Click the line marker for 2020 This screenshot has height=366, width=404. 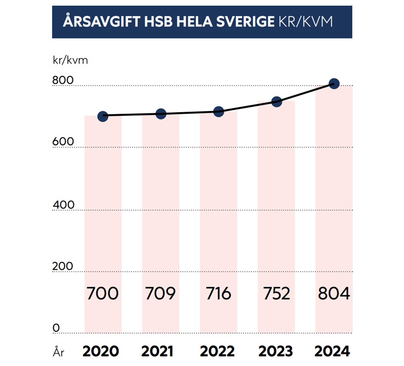click(103, 116)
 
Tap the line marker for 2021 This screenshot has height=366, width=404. click(161, 114)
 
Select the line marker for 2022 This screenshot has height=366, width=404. click(219, 112)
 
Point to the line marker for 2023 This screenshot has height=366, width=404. click(277, 101)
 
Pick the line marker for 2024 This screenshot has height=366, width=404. click(334, 84)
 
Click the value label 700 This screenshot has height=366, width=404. click(103, 294)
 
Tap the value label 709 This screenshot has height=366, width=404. click(160, 294)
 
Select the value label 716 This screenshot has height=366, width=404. click(219, 294)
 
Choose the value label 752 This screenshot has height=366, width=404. click(277, 294)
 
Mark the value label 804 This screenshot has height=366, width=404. click(334, 294)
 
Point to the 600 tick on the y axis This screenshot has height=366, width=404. click(63, 142)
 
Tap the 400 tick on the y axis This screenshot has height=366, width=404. click(63, 205)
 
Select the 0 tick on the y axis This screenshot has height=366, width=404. click(56, 328)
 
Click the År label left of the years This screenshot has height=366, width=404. click(58, 352)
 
